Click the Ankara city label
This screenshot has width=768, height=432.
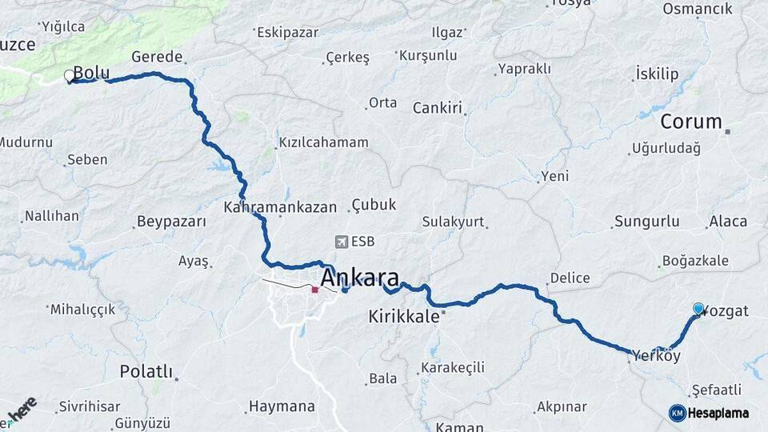tap(359, 278)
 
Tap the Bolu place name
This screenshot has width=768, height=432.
tap(91, 73)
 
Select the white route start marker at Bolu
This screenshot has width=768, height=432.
tap(69, 76)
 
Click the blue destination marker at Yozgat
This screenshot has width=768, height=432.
tap(698, 308)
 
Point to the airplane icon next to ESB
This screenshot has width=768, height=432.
tap(342, 242)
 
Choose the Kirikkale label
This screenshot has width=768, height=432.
tap(404, 316)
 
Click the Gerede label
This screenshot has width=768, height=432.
tap(157, 57)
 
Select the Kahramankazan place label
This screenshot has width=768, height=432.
tap(280, 207)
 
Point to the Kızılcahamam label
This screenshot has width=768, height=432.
tap(323, 142)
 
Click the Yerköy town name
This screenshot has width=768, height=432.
tap(656, 355)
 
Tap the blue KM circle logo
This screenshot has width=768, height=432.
tap(677, 413)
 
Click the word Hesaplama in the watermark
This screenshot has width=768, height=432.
tap(718, 413)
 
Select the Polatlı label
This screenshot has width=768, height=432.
tap(146, 371)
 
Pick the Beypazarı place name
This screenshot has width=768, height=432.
tap(171, 222)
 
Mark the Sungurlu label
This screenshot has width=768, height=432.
tap(646, 222)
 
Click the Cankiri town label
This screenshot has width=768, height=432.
tap(438, 108)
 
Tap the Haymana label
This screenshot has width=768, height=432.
tap(282, 406)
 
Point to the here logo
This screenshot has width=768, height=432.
tap(22, 409)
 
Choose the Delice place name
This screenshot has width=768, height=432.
tap(570, 278)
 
